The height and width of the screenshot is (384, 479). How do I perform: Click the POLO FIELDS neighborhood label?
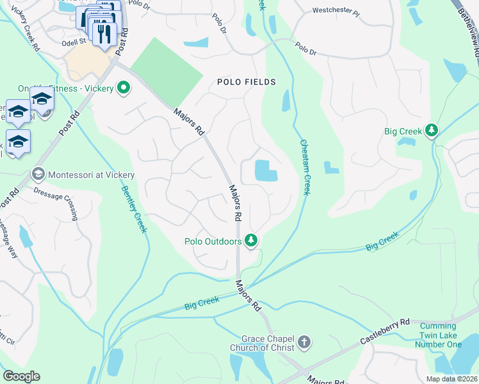coord(246,82)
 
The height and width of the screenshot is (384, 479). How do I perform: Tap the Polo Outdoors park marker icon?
coord(252,241)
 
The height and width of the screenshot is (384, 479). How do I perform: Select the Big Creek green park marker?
coord(432,131)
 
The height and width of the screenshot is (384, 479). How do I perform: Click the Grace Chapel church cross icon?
coord(304,342)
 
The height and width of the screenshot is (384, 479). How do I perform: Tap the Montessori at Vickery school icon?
coord(38,175)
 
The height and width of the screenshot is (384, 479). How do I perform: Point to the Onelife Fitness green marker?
coord(122,88)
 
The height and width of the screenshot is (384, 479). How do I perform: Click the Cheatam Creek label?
coord(305,169)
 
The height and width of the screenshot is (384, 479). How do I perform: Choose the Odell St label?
coord(74,41)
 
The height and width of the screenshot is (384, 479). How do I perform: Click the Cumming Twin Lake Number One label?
coord(441,335)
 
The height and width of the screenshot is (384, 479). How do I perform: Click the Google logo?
coord(21,376)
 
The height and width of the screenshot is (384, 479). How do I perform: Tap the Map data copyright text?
coord(451,379)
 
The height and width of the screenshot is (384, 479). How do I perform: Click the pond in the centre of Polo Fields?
coord(266,170)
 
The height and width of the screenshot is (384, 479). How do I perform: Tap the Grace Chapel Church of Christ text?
coord(268,342)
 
